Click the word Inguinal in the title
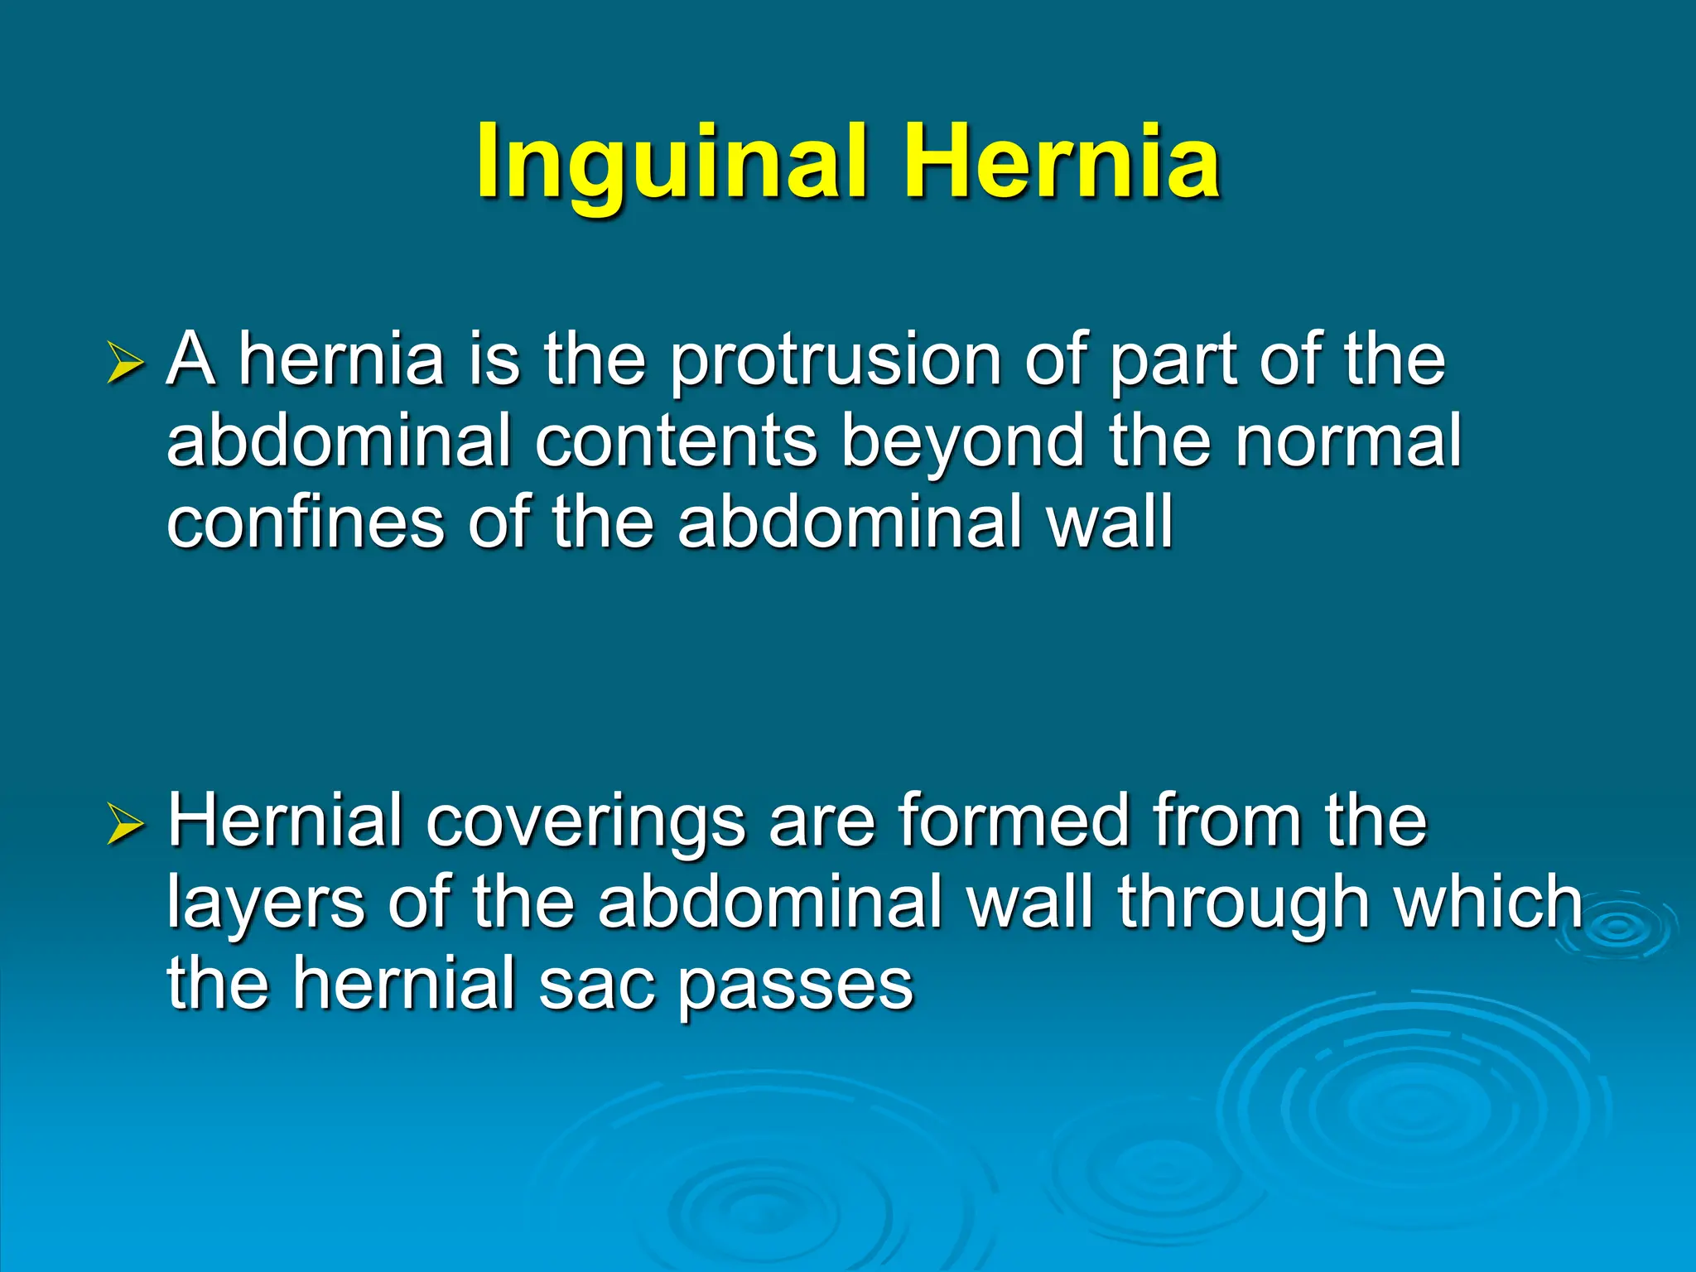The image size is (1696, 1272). (671, 161)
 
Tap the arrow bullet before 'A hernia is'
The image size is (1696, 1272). (126, 364)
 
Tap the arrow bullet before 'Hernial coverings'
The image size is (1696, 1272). (126, 826)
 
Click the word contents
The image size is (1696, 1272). (676, 442)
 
